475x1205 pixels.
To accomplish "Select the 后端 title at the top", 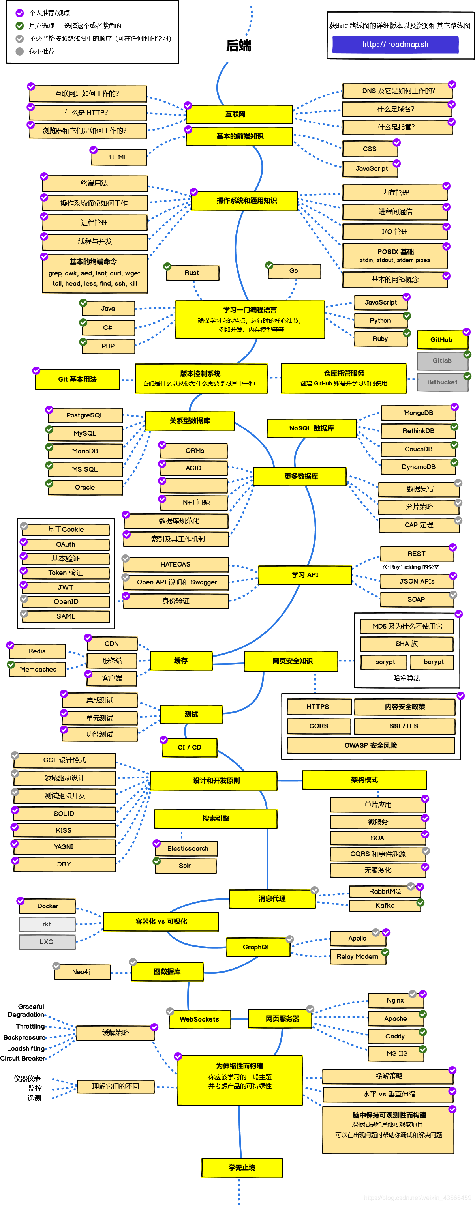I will [x=238, y=45].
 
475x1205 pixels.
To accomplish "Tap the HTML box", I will [x=118, y=157].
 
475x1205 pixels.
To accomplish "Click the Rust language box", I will [x=192, y=273].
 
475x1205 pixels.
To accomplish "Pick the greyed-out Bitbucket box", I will [x=442, y=382].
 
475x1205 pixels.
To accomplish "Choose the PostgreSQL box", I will [x=85, y=415].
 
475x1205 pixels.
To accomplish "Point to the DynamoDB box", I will [x=419, y=467].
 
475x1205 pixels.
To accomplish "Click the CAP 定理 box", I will [x=419, y=525].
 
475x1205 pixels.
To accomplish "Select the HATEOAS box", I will [x=175, y=564].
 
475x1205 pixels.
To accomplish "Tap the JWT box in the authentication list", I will [x=66, y=588].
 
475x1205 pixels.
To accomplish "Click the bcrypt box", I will [x=434, y=662].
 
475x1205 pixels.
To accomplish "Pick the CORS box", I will [x=319, y=726].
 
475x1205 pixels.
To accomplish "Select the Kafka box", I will [x=385, y=906].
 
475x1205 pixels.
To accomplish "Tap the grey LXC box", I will [x=47, y=942].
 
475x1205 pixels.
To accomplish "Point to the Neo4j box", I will [x=81, y=972].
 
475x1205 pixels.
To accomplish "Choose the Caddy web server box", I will [x=395, y=1036].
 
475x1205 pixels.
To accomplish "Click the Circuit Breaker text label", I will [x=23, y=1059].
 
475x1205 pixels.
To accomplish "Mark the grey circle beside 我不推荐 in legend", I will [x=20, y=51].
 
